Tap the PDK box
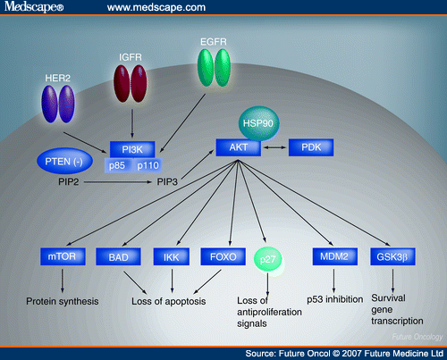click(x=310, y=147)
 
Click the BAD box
click(x=118, y=257)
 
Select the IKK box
click(x=171, y=257)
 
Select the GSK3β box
click(x=391, y=257)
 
